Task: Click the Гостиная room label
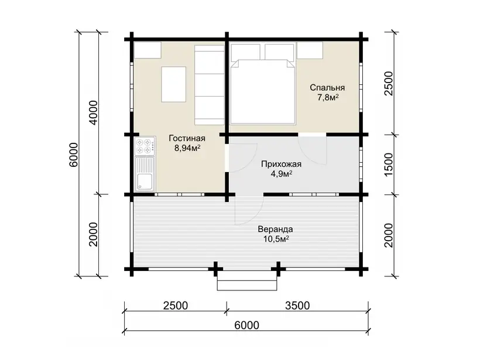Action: click(x=187, y=138)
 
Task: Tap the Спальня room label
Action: click(x=327, y=88)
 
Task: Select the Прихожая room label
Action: click(x=281, y=164)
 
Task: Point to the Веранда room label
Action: click(x=275, y=229)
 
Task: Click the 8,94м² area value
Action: click(x=187, y=149)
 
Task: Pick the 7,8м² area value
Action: click(x=328, y=98)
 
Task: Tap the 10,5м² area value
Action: click(x=276, y=239)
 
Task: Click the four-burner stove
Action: click(x=145, y=146)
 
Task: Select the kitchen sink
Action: click(x=145, y=174)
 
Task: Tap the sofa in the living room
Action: click(x=210, y=85)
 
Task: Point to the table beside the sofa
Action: click(x=174, y=84)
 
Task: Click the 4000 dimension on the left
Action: click(x=94, y=112)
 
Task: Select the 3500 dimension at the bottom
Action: click(x=297, y=306)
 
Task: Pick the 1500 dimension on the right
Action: click(x=388, y=164)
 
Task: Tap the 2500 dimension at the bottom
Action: click(x=176, y=306)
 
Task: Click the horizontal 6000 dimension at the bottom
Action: click(x=247, y=325)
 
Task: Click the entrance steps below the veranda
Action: click(x=247, y=280)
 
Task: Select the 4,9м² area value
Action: click(x=281, y=174)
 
